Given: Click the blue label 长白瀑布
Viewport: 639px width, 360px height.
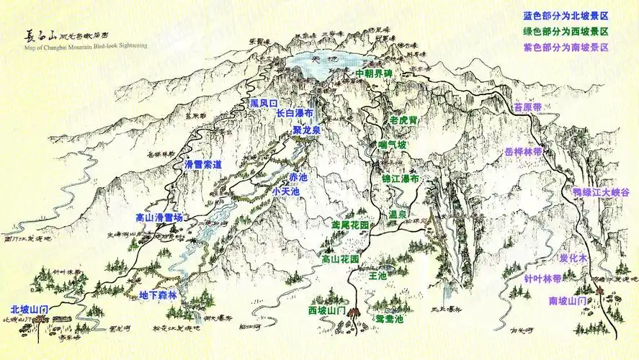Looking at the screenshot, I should (x=294, y=114).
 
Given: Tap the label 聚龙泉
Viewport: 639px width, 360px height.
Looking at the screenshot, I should (x=306, y=130).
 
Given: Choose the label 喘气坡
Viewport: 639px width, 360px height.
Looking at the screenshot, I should (x=393, y=145).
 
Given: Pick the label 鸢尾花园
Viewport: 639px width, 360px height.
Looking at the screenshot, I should (x=349, y=225).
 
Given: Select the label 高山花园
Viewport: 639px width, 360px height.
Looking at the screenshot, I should (x=340, y=258).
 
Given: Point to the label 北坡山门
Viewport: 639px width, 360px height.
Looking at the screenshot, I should (x=30, y=309).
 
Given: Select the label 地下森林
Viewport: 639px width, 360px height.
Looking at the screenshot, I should (x=157, y=294).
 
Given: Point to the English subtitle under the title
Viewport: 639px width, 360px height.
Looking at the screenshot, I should (x=85, y=46).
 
